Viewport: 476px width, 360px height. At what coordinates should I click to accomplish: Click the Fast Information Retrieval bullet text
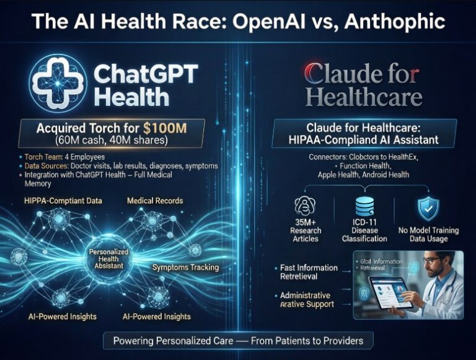(x=308, y=272)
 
